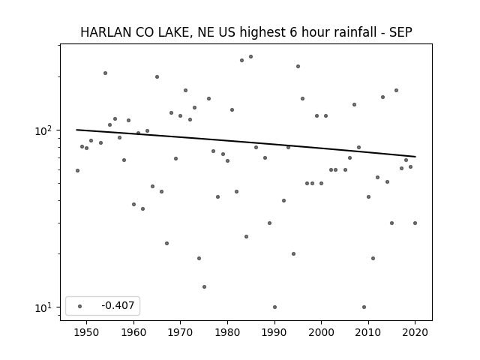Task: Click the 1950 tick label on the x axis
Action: pos(87,333)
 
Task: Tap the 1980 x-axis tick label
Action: pos(227,333)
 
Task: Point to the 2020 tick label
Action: pos(415,333)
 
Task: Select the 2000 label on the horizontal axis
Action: pos(321,333)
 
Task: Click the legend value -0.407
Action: pos(118,305)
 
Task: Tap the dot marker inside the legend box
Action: pos(80,306)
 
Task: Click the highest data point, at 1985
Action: pos(250,57)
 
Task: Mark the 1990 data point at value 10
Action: pos(274,307)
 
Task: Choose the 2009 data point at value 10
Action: pos(364,307)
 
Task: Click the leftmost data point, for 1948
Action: pos(77,170)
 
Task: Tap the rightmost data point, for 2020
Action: pos(415,223)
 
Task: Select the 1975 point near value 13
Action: pos(204,286)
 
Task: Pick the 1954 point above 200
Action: pos(105,73)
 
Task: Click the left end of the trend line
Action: pos(76,130)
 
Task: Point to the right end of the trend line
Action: pos(415,157)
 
